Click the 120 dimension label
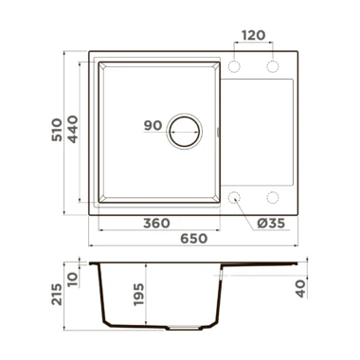[x=254, y=35]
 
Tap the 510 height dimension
[x=57, y=130]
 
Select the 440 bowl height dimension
[x=73, y=130]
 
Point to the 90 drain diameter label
[x=153, y=126]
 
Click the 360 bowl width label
[x=156, y=224]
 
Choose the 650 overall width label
[x=194, y=239]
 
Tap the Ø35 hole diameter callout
[x=271, y=224]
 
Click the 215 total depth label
[x=57, y=295]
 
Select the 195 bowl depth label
[x=138, y=295]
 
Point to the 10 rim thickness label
[x=73, y=279]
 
